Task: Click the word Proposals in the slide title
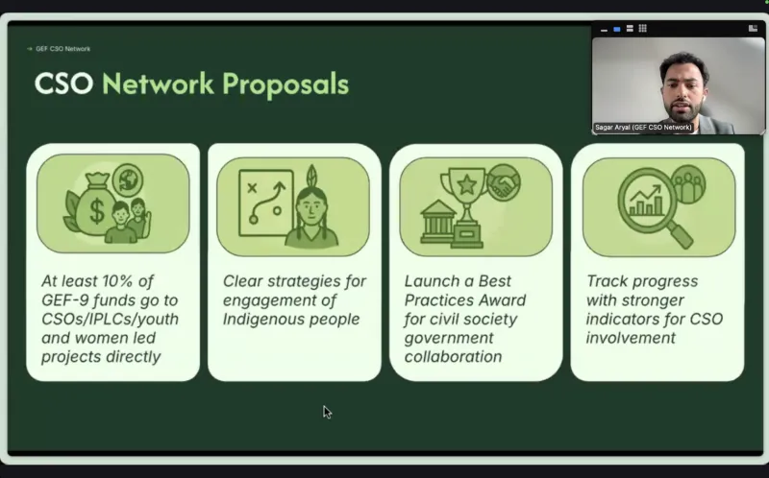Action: (x=285, y=84)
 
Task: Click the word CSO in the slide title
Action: (x=63, y=84)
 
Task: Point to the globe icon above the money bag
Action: (x=128, y=179)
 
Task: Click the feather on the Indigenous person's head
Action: (x=310, y=177)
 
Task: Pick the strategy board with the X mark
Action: (x=266, y=203)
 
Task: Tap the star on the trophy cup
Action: (x=466, y=185)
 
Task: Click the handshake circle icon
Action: (x=504, y=182)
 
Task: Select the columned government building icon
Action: (x=438, y=222)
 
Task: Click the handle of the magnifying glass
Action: (x=681, y=235)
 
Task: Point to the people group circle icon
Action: (x=687, y=184)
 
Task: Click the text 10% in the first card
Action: (x=116, y=281)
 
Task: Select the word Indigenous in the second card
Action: (x=258, y=320)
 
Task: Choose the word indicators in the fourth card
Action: (x=618, y=319)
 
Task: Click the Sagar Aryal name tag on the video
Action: (x=643, y=128)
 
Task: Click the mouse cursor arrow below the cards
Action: (x=327, y=413)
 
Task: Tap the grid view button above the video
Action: (x=642, y=29)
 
